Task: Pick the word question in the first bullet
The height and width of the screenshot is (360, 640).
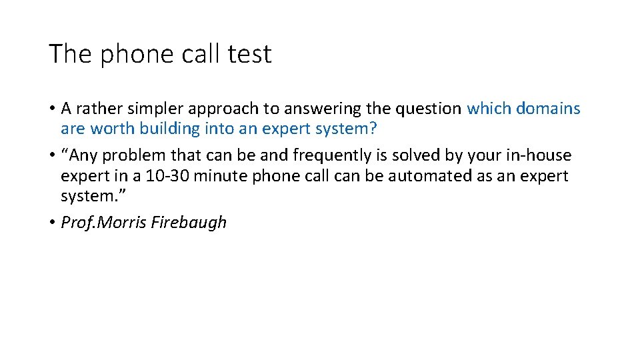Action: (x=429, y=109)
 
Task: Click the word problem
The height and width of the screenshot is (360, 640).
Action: (x=137, y=155)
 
